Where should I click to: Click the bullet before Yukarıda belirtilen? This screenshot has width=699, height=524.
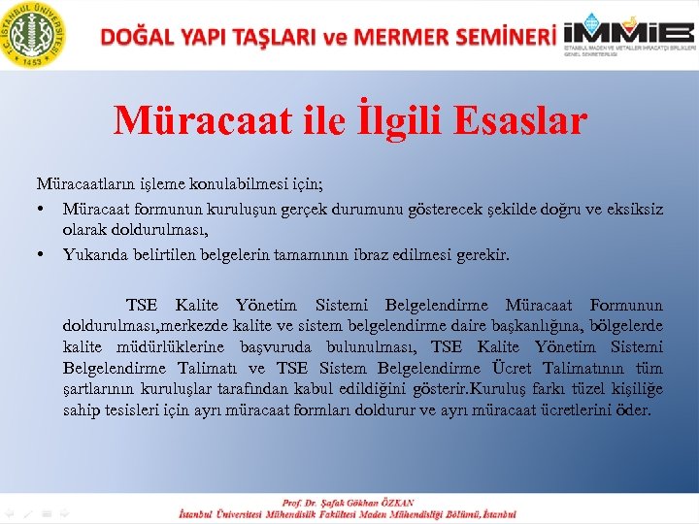click(x=43, y=255)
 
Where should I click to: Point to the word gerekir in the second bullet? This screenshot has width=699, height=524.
click(x=483, y=255)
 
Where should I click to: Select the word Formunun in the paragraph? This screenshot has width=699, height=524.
click(x=626, y=306)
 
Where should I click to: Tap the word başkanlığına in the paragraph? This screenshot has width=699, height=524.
click(x=507, y=326)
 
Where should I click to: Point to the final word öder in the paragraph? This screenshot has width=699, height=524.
click(x=632, y=410)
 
